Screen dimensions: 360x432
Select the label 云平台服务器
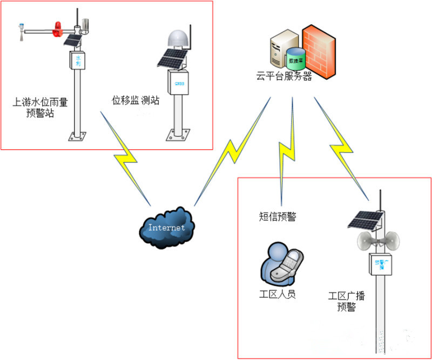pos(285,76)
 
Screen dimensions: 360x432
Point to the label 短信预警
pos(278,217)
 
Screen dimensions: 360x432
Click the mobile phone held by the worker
pos(292,266)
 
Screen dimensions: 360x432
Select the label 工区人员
pos(278,295)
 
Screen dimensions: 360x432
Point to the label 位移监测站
pos(136,101)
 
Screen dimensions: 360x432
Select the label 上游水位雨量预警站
pos(40,106)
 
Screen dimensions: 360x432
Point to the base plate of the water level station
pos(79,135)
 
